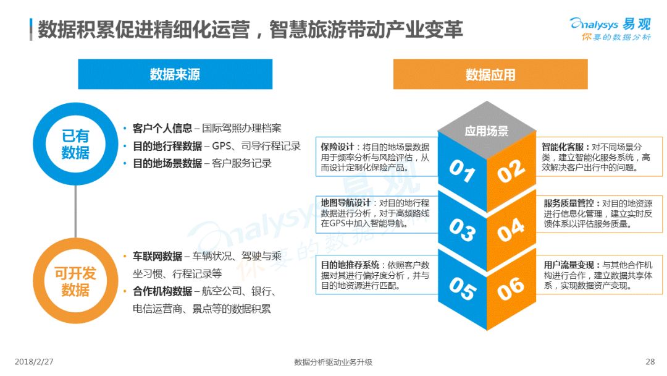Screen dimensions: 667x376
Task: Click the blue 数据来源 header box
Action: click(x=175, y=74)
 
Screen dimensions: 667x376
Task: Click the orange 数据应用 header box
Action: click(x=490, y=74)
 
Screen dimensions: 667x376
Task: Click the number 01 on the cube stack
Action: click(x=462, y=171)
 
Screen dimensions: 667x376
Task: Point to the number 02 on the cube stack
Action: click(x=511, y=171)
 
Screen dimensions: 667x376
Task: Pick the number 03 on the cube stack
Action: click(x=462, y=230)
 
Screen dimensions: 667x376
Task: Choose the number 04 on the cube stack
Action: click(x=511, y=230)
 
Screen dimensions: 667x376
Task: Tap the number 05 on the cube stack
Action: click(x=462, y=289)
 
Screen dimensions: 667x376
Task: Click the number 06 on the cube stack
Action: click(x=511, y=289)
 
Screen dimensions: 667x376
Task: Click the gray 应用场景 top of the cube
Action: click(x=487, y=130)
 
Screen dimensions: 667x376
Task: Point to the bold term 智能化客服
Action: click(x=563, y=147)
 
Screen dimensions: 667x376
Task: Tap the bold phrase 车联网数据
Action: click(x=157, y=256)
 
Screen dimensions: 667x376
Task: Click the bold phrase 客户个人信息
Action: click(x=162, y=128)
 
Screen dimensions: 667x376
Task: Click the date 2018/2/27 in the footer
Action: click(x=34, y=362)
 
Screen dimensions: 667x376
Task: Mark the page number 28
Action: click(x=650, y=362)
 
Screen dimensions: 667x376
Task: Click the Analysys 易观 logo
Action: click(x=610, y=28)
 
